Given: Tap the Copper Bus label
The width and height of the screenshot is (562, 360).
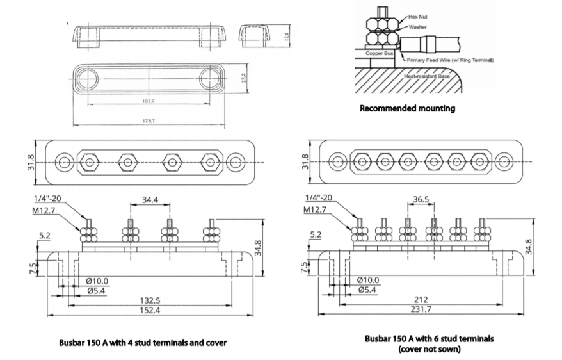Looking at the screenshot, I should click(x=379, y=53).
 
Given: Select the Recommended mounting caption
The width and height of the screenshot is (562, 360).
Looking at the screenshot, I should click(x=407, y=108).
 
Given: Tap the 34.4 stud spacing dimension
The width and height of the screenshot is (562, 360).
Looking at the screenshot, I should click(x=150, y=200).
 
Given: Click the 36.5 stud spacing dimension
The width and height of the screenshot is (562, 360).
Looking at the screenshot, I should click(x=421, y=200).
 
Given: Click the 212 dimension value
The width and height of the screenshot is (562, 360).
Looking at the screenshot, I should click(x=421, y=300).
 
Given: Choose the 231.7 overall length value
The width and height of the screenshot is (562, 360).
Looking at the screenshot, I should click(x=421, y=310).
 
